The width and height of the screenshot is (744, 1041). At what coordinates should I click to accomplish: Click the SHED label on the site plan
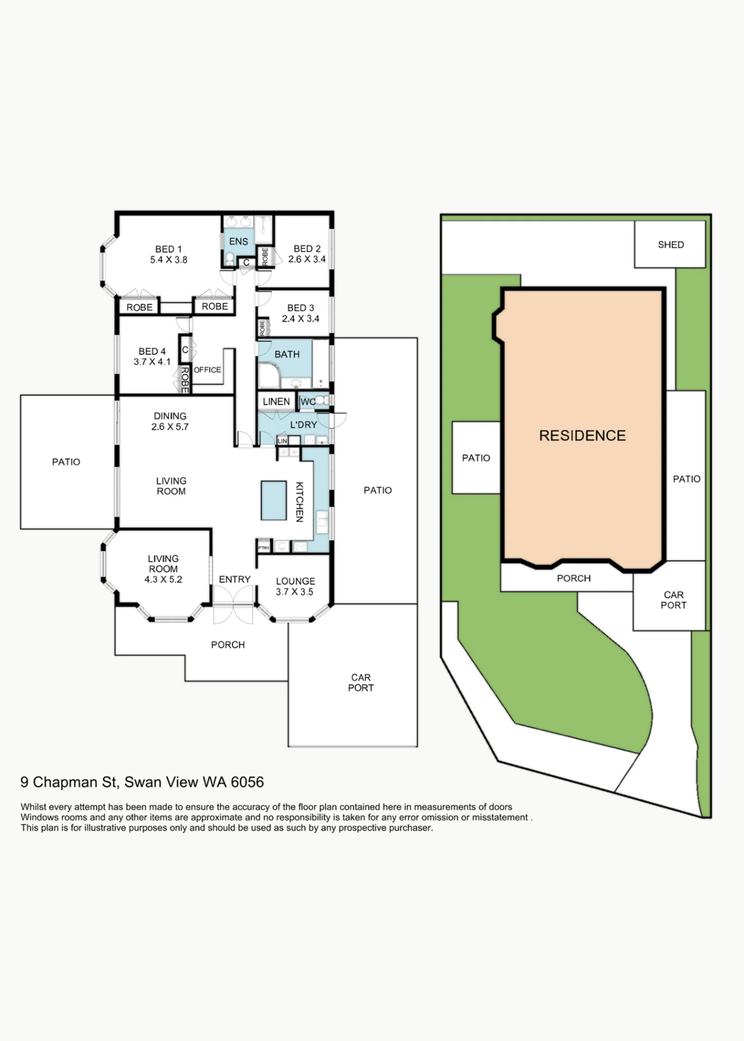pos(671,245)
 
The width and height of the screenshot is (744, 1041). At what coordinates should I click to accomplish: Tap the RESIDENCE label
pos(582,436)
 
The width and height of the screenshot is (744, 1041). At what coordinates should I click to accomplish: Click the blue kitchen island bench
pos(273,500)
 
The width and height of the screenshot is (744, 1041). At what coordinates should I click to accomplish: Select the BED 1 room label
pos(168,249)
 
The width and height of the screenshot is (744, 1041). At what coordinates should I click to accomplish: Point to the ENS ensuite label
pos(238,242)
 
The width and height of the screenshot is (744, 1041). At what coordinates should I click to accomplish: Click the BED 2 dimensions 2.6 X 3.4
pos(307,259)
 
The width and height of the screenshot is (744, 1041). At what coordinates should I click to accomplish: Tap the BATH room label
pos(287,354)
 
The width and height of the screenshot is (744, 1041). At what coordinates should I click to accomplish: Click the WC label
pos(307,402)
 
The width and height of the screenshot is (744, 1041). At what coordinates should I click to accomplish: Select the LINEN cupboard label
pos(276,402)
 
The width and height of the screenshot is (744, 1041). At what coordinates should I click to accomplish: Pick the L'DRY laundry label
pos(304,425)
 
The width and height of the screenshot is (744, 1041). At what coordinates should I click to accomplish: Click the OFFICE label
pos(207,370)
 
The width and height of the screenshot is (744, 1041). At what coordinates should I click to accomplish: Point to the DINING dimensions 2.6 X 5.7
pos(170,427)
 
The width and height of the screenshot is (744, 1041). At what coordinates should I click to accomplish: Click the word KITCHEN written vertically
pos(299,502)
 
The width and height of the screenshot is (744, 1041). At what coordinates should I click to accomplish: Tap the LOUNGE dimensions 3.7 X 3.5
pos(295,592)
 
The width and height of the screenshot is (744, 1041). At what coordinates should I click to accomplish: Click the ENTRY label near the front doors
pos(234,579)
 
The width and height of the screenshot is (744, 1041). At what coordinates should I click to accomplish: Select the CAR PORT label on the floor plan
pos(361,682)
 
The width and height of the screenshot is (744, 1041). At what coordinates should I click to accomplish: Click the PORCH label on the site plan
pos(574,578)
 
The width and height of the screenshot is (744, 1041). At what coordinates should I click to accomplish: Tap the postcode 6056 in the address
pos(247,782)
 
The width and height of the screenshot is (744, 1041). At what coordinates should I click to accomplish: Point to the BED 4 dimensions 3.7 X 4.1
pos(152,362)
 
